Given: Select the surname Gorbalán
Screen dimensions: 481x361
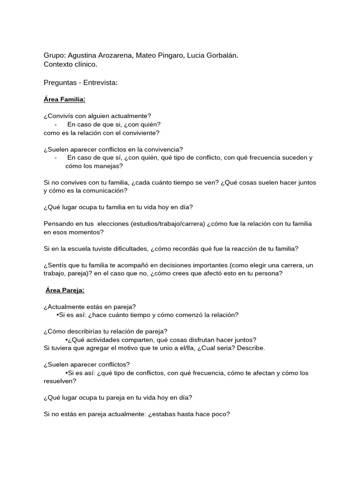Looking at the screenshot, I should (220, 55).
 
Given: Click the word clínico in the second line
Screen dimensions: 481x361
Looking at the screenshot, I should (84, 64).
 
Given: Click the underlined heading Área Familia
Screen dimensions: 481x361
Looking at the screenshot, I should (64, 100).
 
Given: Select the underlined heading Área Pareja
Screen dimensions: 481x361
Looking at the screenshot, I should (65, 290).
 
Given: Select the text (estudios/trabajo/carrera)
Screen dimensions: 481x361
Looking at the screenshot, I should (151, 224).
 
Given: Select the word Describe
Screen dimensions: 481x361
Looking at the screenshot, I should (251, 348).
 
